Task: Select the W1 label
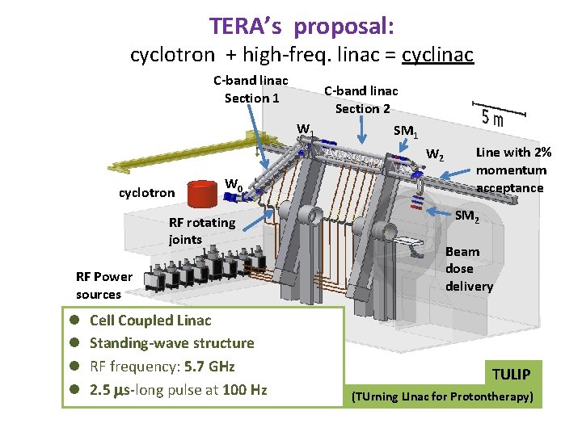point(306,129)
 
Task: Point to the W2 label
point(434,154)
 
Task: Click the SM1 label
point(405,131)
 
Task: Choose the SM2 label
point(466,216)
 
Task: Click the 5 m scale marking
point(492,118)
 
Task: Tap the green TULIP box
point(511,374)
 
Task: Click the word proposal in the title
point(344,27)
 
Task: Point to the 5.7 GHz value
point(209,366)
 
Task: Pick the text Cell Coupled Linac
point(150,321)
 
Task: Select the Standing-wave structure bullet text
point(171,343)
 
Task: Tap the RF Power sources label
point(99,285)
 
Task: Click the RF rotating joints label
point(201,231)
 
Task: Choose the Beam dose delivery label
point(469,269)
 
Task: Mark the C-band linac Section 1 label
point(251,90)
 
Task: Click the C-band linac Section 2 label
point(361,99)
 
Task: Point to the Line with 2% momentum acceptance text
point(511,170)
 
